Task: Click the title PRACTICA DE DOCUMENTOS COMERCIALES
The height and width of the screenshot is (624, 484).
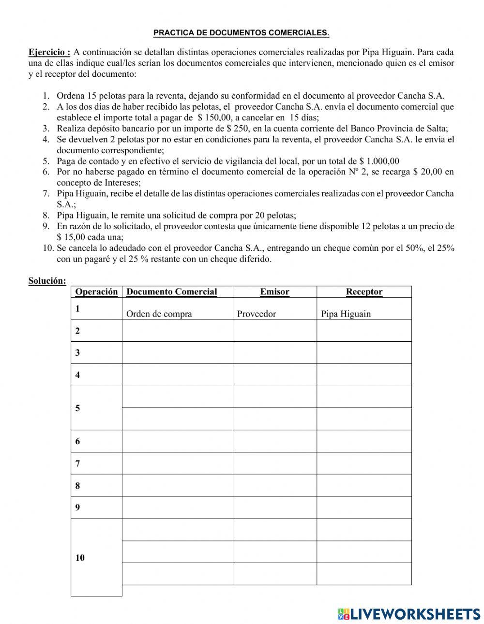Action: point(241,33)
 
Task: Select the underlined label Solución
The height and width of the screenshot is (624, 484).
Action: point(47,281)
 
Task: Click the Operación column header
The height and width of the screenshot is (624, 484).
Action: point(96,291)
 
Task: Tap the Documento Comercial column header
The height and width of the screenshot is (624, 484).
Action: point(171,291)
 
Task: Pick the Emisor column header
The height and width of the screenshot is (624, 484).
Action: point(274,291)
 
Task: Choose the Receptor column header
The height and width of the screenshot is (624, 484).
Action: point(364,291)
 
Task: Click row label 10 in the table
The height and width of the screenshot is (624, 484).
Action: point(80,558)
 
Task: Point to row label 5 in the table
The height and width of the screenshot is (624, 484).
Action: point(77,408)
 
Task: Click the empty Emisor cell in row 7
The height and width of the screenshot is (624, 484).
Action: point(274,463)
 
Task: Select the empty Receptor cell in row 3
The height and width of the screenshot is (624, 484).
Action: point(364,352)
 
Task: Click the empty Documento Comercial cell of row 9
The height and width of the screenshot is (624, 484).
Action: point(177,508)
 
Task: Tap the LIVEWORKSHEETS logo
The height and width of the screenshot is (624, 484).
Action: point(409,614)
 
